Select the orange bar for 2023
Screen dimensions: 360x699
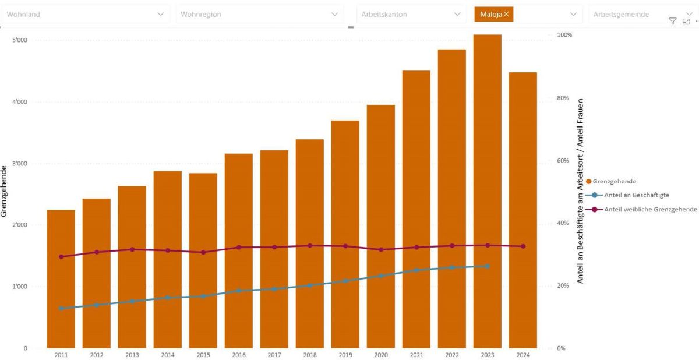487,192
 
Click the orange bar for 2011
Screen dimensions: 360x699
61,280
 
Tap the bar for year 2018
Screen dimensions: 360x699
310,245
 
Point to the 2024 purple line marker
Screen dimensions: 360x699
523,246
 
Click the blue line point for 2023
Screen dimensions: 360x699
488,266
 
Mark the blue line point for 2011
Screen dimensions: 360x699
61,308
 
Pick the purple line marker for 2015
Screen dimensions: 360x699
203,252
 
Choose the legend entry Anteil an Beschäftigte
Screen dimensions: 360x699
636,195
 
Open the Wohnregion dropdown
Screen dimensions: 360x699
260,14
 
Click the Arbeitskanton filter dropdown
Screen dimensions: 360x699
411,14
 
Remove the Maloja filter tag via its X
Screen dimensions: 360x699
506,14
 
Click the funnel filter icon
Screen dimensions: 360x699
672,22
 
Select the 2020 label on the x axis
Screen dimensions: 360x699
381,354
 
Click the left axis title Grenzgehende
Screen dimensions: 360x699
5,191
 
